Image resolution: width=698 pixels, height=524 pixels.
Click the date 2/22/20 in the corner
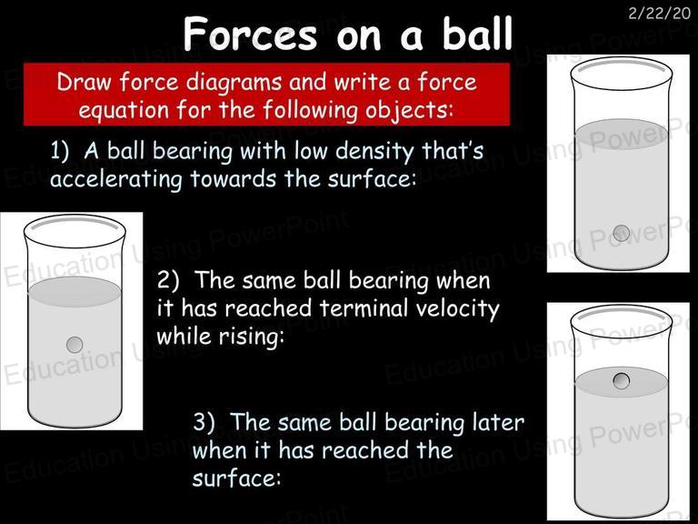coord(659,14)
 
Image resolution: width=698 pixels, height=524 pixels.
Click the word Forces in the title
coord(250,35)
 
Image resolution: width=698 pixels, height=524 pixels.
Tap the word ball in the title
coord(478,34)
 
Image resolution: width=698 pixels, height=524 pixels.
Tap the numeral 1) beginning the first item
coord(60,151)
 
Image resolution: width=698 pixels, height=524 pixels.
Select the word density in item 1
coord(374,152)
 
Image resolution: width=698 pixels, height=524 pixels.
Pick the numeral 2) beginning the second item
coord(168,280)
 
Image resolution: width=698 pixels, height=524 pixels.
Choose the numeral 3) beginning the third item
coord(204,422)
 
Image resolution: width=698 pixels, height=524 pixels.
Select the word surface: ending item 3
coord(236,479)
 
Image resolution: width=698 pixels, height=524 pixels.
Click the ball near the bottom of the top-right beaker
coord(622,233)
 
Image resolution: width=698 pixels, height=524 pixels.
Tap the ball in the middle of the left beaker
coord(75,345)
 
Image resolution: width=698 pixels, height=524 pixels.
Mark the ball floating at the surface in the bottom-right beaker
coord(621,381)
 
